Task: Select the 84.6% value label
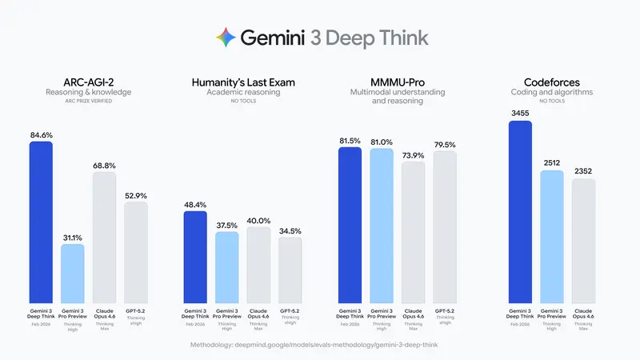41,135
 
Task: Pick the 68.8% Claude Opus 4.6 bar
104,237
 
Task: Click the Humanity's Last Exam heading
243,82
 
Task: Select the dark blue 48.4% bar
195,257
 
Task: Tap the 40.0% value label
258,221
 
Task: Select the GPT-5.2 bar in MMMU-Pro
444,227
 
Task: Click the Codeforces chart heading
552,82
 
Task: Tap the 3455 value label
520,114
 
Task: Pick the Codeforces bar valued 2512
552,237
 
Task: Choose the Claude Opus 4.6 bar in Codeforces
583,241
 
